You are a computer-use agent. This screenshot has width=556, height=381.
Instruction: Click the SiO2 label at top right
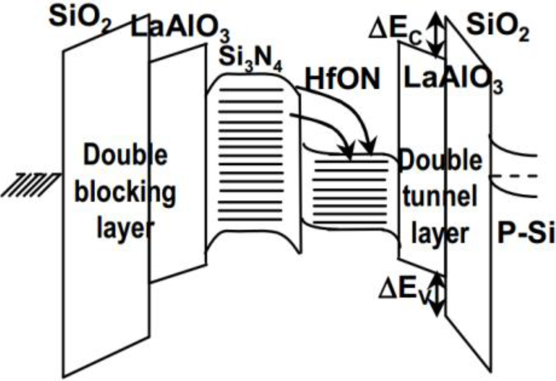498,28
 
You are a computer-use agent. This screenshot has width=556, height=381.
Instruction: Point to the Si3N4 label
250,60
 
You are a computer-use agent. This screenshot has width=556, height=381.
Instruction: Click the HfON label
342,79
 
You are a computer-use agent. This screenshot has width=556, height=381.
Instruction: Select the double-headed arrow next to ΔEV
438,293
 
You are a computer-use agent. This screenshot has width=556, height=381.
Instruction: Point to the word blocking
125,194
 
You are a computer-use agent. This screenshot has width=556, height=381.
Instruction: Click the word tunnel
439,196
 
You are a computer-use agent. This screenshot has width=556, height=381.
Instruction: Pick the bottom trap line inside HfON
350,223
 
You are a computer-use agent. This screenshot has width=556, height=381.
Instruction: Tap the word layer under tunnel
439,234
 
